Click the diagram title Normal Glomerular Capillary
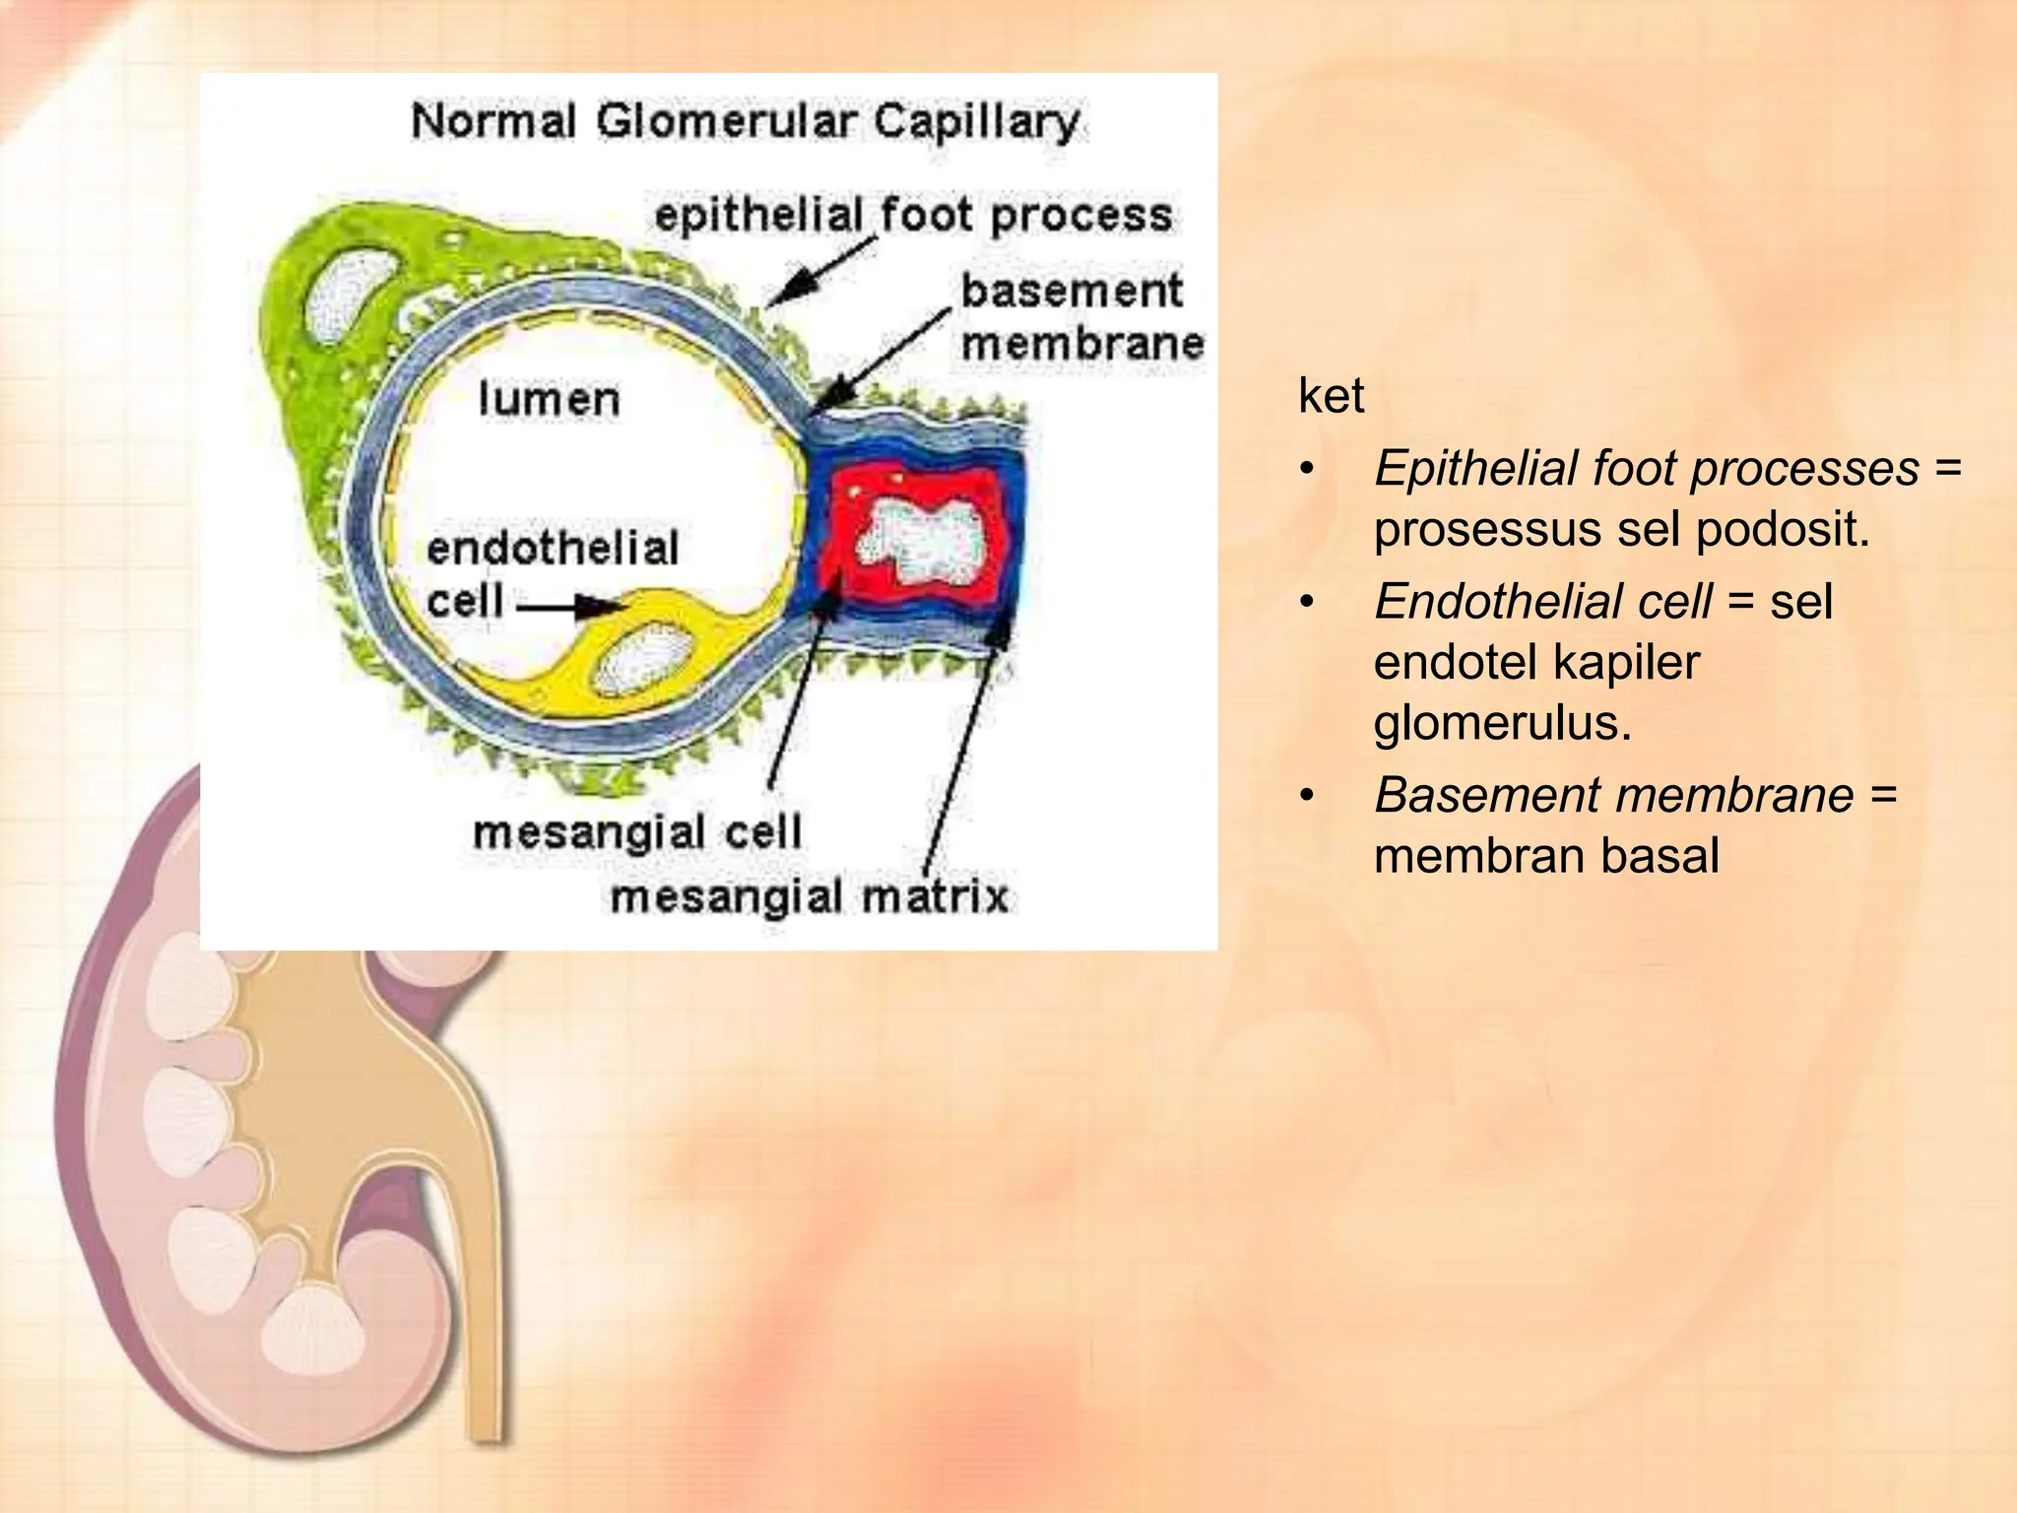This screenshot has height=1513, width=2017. point(745,122)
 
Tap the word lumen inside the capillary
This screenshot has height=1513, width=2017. point(549,399)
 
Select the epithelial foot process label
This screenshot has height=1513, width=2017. point(913,216)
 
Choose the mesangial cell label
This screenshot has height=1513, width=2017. point(637,833)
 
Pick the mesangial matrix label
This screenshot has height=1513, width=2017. point(810,897)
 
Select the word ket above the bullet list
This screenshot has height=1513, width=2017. point(1331,396)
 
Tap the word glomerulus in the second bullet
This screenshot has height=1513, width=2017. point(1502,723)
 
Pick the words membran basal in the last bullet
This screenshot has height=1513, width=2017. point(1546,855)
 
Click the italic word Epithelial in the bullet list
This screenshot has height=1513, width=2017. point(1475,468)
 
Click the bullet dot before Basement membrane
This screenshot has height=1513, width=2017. point(1307,795)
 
